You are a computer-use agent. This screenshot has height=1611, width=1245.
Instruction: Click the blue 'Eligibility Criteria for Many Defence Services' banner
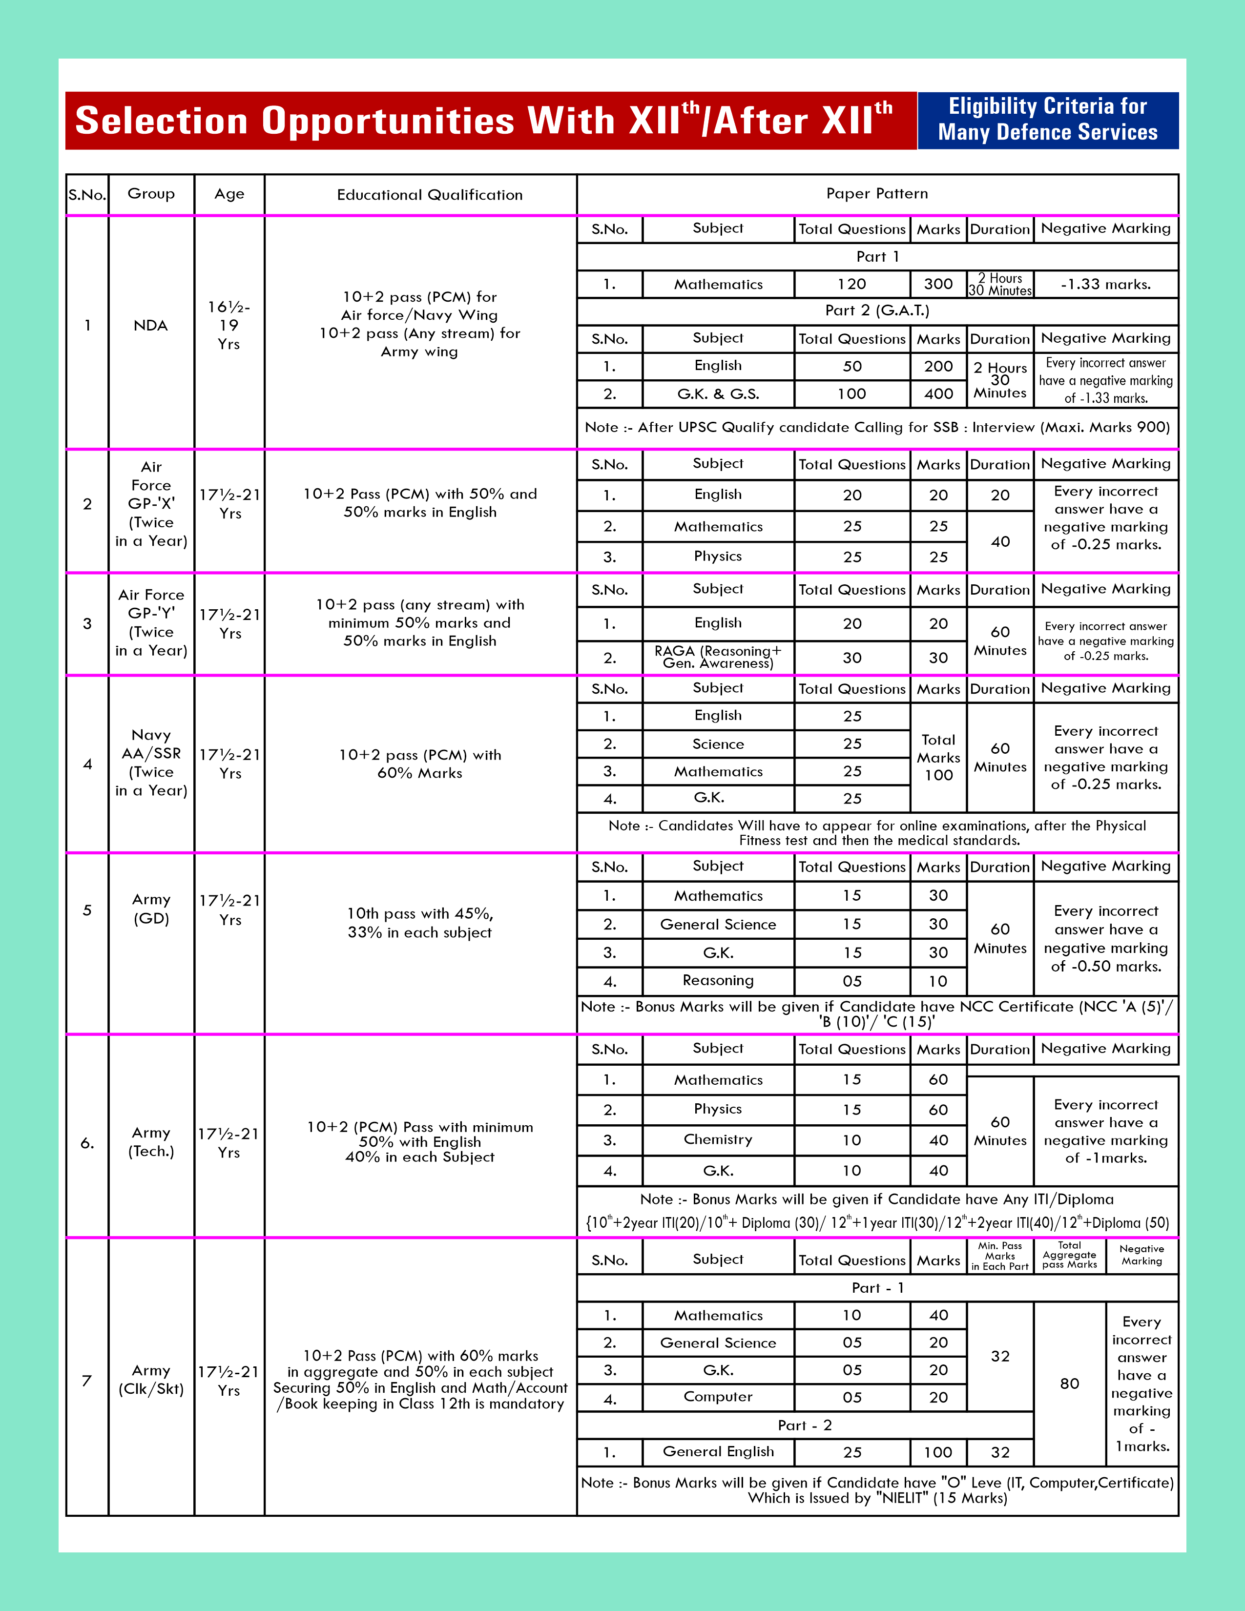pos(1047,120)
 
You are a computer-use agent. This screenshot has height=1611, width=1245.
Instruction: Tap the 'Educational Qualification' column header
pos(429,195)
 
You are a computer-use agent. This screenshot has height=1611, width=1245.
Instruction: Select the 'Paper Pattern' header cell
pos(877,194)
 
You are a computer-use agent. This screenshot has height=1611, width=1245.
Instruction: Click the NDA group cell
pos(150,325)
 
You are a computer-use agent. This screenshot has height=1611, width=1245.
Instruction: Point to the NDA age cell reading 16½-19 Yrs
pos(228,325)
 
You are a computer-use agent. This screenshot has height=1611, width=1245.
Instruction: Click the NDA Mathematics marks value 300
pos(938,284)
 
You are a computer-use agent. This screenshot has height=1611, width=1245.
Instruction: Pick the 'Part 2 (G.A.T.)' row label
pos(877,310)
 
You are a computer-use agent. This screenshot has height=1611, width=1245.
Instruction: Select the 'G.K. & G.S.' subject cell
pos(718,394)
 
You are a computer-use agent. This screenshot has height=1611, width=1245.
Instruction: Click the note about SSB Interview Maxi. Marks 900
pos(877,427)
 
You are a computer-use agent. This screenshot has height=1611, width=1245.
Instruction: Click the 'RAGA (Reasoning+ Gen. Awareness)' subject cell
pos(718,657)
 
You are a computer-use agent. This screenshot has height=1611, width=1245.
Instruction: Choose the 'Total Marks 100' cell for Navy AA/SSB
pos(938,758)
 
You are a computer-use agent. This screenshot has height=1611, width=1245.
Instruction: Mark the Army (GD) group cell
pos(151,909)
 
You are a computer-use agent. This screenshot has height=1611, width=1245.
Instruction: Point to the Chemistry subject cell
pos(718,1139)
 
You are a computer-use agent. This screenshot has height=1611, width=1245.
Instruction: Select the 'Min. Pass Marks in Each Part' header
pos(999,1256)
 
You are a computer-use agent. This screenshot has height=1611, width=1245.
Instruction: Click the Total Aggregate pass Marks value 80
pos(1069,1384)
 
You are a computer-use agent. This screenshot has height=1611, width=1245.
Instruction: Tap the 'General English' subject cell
pos(718,1452)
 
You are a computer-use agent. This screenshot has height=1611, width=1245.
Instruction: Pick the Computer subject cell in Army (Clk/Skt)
pos(718,1397)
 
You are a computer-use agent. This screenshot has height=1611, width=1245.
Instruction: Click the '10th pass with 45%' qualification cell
pos(420,923)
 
